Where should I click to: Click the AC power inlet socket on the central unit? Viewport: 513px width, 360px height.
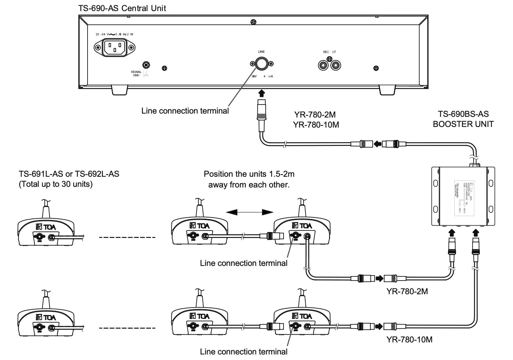[115, 48]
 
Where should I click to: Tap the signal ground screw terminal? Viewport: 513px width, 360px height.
[146, 65]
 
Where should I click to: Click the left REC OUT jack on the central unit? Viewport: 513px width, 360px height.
[323, 65]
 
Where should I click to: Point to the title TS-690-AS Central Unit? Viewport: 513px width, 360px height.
[122, 8]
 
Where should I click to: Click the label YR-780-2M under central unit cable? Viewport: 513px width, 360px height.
[315, 115]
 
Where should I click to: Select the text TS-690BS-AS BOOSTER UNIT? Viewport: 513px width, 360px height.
[463, 119]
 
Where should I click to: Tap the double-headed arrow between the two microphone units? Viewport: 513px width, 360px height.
[250, 212]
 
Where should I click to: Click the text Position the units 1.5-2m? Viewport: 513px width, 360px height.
[249, 174]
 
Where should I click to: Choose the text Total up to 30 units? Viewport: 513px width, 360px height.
[56, 184]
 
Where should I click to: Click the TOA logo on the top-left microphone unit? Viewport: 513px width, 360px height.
[46, 227]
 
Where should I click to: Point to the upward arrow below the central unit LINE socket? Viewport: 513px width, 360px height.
[261, 93]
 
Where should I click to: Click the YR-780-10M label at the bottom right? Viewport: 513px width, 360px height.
[409, 339]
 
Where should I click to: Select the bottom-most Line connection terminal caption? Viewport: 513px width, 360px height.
[243, 352]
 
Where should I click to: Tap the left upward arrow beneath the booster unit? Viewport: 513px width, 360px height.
[451, 232]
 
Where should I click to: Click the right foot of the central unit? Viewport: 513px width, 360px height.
[387, 91]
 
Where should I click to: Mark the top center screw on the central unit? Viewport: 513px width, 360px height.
[253, 22]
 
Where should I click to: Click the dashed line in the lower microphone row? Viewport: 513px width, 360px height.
[127, 328]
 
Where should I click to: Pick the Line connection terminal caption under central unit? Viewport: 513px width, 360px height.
[185, 111]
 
